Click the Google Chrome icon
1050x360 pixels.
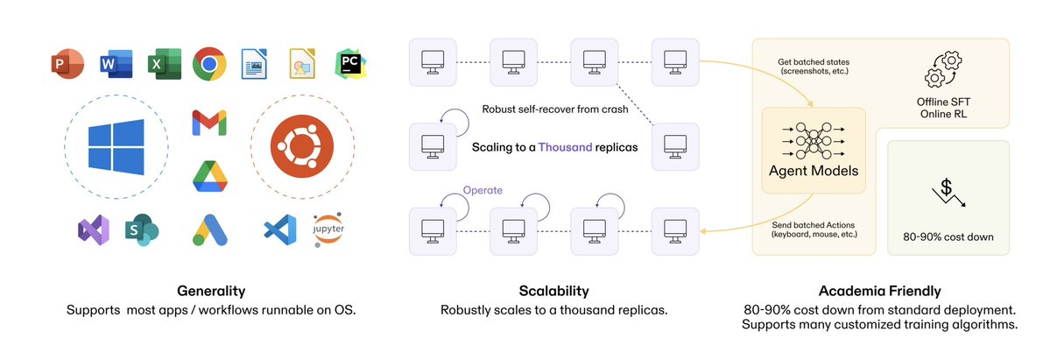pos(210,65)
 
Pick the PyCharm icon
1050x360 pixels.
pos(351,65)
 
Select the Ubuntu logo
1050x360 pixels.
pos(302,145)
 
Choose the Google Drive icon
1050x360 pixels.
pos(209,175)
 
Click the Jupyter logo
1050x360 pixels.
pos(328,230)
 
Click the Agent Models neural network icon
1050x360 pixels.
pos(814,138)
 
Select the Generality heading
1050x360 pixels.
pos(210,291)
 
